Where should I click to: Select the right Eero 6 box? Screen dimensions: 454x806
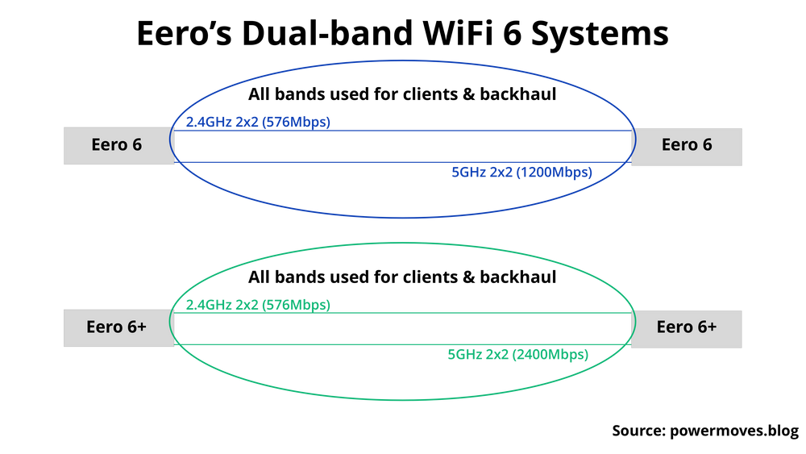(687, 145)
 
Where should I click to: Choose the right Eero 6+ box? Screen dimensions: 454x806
(687, 327)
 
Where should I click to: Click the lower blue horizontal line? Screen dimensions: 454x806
(322, 162)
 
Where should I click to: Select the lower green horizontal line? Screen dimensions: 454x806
(322, 345)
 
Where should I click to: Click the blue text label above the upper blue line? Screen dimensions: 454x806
(259, 123)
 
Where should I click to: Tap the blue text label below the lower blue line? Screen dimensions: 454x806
(521, 171)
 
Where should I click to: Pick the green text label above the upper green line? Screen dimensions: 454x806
(259, 305)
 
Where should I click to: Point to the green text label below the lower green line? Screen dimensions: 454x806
(518, 353)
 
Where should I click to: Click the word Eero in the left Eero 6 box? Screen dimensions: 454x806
(109, 145)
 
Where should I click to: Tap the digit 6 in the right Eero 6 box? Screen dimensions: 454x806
(707, 145)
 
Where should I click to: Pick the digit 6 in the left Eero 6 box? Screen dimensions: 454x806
(137, 145)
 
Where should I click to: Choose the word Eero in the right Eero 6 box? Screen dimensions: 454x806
(678, 145)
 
